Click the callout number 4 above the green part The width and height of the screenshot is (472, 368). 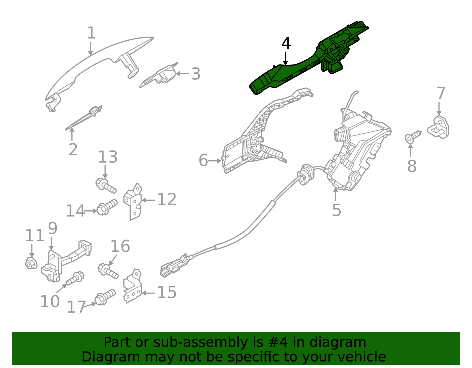coord(286,44)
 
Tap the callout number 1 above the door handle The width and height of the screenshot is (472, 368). coord(91,33)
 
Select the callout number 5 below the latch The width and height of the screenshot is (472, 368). coord(336,210)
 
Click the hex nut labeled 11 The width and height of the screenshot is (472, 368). coord(31,263)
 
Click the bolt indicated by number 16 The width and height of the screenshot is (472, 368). coord(108,271)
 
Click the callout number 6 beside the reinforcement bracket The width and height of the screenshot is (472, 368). coord(203,160)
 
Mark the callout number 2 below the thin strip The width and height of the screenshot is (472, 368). coord(73,150)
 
